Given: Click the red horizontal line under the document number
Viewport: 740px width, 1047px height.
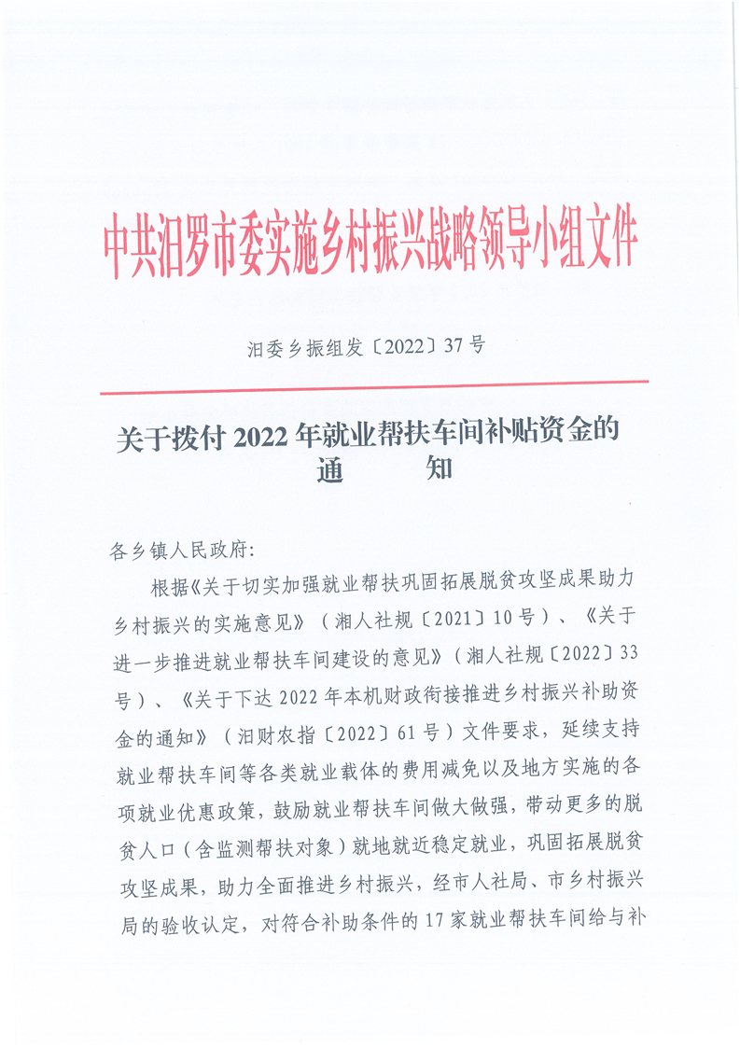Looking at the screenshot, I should tap(373, 382).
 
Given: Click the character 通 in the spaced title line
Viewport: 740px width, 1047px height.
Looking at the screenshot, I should tap(331, 469).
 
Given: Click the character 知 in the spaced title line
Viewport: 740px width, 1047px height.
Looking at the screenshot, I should tap(439, 469).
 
